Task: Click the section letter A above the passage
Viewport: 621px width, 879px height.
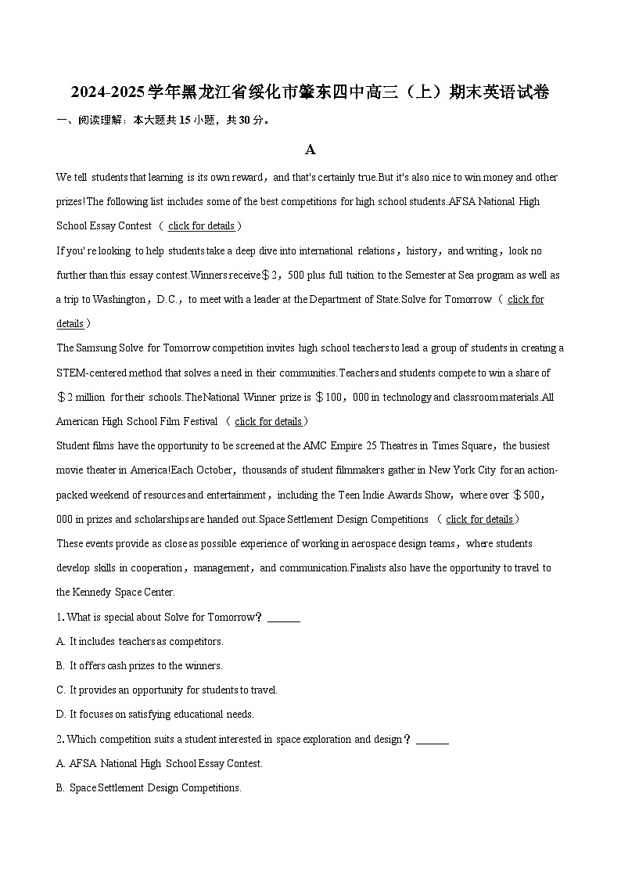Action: pos(310,150)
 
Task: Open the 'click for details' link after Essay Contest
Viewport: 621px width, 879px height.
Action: pos(201,226)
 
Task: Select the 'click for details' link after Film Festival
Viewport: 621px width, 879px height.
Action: pos(267,422)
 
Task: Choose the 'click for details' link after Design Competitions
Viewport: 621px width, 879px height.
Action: pos(479,520)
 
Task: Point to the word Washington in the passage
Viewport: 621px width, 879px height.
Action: pos(117,300)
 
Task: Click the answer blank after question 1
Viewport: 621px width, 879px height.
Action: pos(283,618)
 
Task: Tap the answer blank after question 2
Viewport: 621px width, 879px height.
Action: pos(432,740)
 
